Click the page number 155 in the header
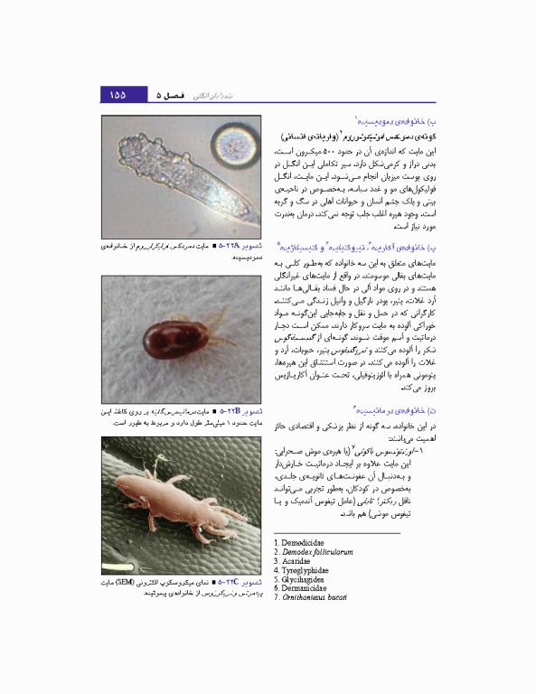(x=118, y=95)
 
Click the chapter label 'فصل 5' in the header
(x=169, y=95)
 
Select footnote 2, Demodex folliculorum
(x=313, y=551)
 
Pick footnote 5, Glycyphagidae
(x=302, y=580)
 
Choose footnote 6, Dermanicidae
(x=303, y=590)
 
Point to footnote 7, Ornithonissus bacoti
(x=313, y=600)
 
